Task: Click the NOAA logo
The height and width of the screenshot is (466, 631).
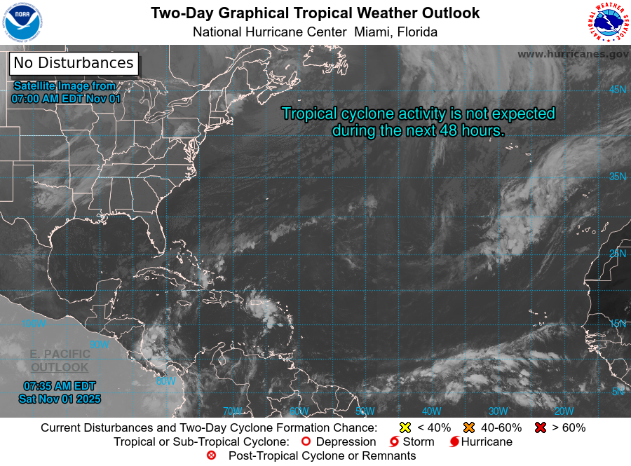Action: pyautogui.click(x=22, y=22)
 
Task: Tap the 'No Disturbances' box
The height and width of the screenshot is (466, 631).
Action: pyautogui.click(x=74, y=63)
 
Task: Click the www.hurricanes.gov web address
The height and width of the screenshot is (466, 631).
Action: pyautogui.click(x=573, y=54)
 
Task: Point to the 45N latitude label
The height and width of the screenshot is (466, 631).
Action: pyautogui.click(x=617, y=90)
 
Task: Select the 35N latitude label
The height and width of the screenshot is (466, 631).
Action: pyautogui.click(x=617, y=177)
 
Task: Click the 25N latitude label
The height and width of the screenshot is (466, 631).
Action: pyautogui.click(x=617, y=254)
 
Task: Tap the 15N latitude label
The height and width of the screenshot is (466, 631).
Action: pyautogui.click(x=617, y=324)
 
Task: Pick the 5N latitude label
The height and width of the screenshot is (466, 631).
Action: pyautogui.click(x=618, y=392)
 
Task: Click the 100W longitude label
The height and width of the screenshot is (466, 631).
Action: pyautogui.click(x=33, y=324)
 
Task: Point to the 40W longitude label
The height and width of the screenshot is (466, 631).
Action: pyautogui.click(x=431, y=411)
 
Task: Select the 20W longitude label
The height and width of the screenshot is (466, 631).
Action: pyautogui.click(x=564, y=411)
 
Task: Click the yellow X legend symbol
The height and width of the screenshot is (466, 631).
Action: pyautogui.click(x=405, y=427)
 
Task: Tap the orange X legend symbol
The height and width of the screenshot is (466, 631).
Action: pyautogui.click(x=468, y=427)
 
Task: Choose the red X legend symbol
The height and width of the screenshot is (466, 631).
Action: pyautogui.click(x=541, y=427)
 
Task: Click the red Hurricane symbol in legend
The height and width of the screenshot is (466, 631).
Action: pyautogui.click(x=454, y=442)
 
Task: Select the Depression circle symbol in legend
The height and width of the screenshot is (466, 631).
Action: pyautogui.click(x=305, y=442)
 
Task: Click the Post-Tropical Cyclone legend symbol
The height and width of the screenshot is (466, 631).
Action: pyautogui.click(x=211, y=455)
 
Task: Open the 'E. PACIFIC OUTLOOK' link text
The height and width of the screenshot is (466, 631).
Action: pyautogui.click(x=60, y=360)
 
